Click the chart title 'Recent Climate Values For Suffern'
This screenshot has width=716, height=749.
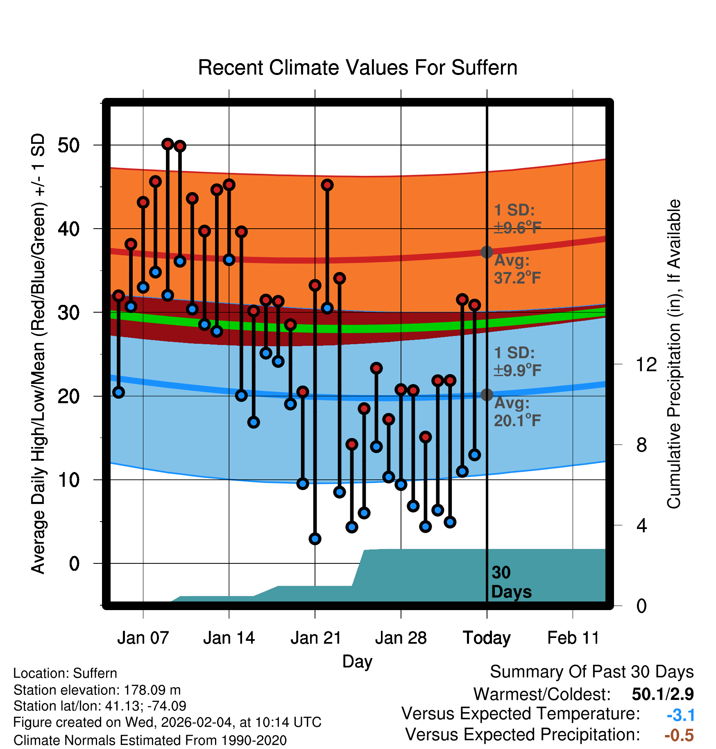click(358, 68)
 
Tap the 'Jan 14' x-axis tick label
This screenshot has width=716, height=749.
click(229, 638)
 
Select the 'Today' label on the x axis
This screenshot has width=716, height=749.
click(487, 638)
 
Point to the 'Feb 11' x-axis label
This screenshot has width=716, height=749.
click(573, 638)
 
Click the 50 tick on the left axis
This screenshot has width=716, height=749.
click(69, 145)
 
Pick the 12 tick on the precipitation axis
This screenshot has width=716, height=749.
click(646, 364)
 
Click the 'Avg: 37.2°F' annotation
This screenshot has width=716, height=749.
click(517, 269)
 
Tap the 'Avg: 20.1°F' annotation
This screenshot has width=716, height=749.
click(517, 412)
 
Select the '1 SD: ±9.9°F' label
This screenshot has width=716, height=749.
click(517, 361)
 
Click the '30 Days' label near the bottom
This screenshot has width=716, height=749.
click(511, 582)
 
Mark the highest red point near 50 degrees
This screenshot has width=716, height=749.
click(167, 144)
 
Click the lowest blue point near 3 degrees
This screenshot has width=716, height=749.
click(315, 539)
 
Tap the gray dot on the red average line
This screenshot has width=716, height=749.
click(487, 252)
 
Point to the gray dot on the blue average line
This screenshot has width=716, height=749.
click(487, 395)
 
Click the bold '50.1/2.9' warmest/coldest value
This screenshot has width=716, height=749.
click(662, 694)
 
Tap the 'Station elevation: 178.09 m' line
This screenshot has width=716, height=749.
click(97, 690)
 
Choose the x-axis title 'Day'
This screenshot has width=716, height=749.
click(357, 661)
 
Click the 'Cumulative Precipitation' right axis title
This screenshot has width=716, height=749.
click(674, 354)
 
